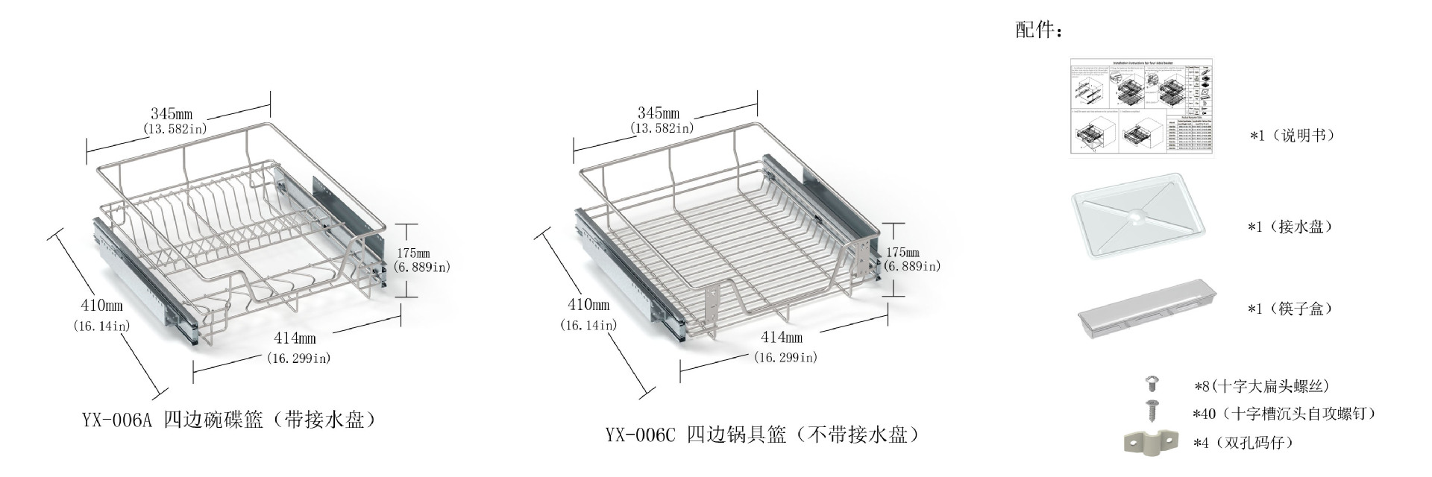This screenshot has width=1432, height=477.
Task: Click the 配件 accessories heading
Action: coord(1037,31)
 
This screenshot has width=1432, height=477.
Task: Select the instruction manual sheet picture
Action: coord(1141,107)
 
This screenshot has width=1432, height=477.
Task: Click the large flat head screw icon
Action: coord(1152,385)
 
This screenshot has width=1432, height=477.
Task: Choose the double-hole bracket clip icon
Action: coord(1149,441)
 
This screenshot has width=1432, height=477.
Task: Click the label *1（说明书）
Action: coord(1292,136)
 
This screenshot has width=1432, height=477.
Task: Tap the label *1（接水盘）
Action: coord(1290,227)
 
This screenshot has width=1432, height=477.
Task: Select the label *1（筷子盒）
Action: coord(1290,309)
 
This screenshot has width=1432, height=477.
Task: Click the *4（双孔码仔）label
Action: coord(1243,443)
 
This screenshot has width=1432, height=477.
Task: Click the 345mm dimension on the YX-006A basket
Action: coord(172,114)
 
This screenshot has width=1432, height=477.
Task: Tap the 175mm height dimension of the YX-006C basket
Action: coord(902,253)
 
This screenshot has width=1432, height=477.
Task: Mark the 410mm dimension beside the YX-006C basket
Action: coord(588,305)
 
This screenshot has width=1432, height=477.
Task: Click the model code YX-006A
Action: coord(116,420)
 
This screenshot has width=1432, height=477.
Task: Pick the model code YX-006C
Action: coord(640,435)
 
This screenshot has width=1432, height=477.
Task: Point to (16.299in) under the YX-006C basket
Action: coord(785,358)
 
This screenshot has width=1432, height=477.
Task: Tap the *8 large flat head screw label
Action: coord(1261,386)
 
